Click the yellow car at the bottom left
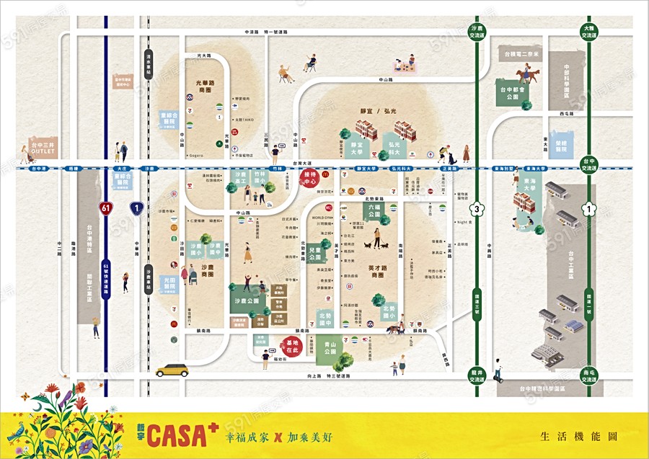pyautogui.click(x=172, y=370)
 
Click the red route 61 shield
pyautogui.click(x=106, y=209)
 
